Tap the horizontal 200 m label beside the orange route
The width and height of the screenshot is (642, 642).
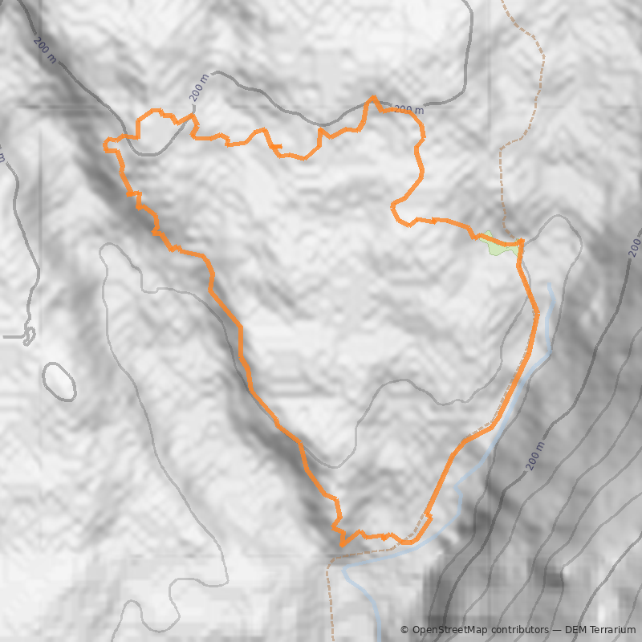[x=408, y=110]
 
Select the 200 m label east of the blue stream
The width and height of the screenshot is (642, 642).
[x=537, y=455]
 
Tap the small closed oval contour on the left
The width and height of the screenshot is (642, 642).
[x=59, y=381]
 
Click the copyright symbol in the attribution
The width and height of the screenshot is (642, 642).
[x=404, y=630]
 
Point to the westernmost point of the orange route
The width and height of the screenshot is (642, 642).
[x=105, y=146]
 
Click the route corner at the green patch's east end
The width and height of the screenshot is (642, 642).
[x=522, y=242]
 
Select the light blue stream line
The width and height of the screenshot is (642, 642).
[x=548, y=321]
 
